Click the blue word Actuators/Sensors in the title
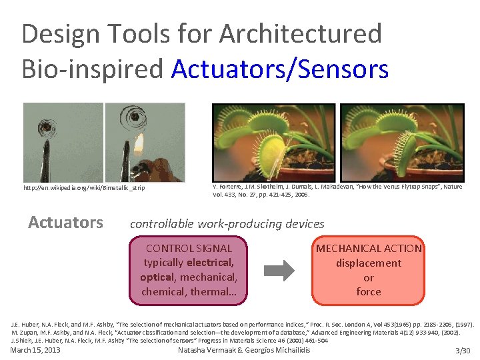pos(280,69)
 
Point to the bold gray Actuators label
pos(65,223)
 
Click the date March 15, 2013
pos(35,350)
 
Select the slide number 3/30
pos(462,351)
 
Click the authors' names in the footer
pos(244,350)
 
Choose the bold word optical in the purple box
pos(156,277)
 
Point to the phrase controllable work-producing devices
pos(227,224)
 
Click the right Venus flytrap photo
pos(402,141)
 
